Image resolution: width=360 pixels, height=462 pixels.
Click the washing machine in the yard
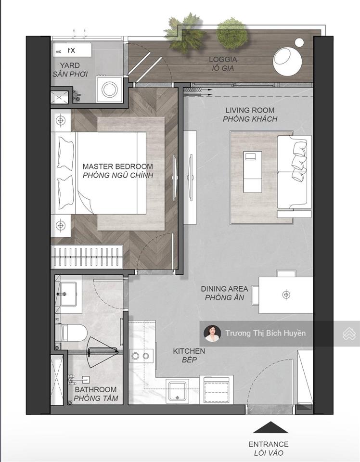pos(110,89)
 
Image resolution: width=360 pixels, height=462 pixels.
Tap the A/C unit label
pos(58,52)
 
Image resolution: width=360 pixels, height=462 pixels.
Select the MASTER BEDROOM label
pos(118,166)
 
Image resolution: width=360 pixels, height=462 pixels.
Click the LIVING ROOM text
pos(250,110)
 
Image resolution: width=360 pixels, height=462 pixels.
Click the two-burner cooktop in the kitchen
pos(141,356)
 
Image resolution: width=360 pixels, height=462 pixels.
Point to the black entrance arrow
pos(270,427)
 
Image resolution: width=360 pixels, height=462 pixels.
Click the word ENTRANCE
pos(269,444)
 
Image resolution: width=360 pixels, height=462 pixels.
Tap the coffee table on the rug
pos(253,172)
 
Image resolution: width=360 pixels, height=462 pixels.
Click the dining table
pos(286,295)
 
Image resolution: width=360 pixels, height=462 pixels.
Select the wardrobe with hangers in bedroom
pos(87,257)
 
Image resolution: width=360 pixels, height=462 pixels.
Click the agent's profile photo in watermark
pos(212,333)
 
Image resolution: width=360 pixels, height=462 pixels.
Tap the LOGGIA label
pos(223,60)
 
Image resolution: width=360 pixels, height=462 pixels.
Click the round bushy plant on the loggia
pos(232,33)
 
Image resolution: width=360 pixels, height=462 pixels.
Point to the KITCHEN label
pos(189,351)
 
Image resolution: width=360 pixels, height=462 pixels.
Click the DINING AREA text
pos(224,289)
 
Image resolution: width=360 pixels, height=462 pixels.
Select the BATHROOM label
pos(96,389)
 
